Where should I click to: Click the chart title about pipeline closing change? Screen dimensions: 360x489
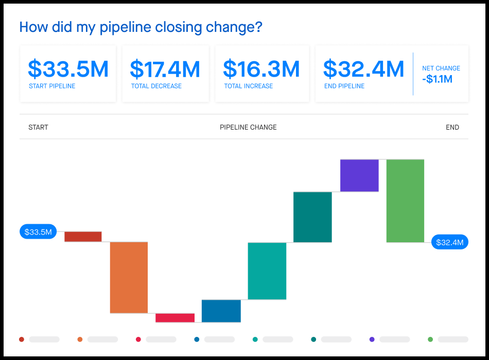point(141,27)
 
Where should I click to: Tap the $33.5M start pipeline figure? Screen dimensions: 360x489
point(68,69)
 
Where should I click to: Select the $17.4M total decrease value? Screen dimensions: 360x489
point(165,69)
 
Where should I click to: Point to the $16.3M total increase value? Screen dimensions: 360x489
point(261,69)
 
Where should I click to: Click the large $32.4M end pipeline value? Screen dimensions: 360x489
point(363,69)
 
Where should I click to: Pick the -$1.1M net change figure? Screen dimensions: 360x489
point(437,79)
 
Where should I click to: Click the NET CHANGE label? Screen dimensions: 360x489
point(441,68)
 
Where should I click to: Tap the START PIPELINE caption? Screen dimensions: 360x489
point(52,86)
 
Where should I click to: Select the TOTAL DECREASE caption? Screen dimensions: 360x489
point(156,86)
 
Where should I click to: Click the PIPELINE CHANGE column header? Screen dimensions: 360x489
point(248,128)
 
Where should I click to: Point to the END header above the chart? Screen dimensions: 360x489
point(452,128)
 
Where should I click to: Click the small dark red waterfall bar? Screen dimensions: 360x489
point(83,237)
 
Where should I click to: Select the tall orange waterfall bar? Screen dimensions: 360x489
point(129,277)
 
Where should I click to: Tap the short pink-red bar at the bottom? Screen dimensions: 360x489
point(175,318)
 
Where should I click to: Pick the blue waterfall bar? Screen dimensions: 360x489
point(221,311)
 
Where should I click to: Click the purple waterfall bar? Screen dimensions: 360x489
point(359,175)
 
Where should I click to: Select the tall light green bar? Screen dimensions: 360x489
point(405,201)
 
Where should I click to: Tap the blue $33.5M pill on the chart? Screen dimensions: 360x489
point(39,232)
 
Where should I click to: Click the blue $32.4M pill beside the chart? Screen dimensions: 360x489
point(449,242)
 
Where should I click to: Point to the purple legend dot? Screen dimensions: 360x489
point(372,339)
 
